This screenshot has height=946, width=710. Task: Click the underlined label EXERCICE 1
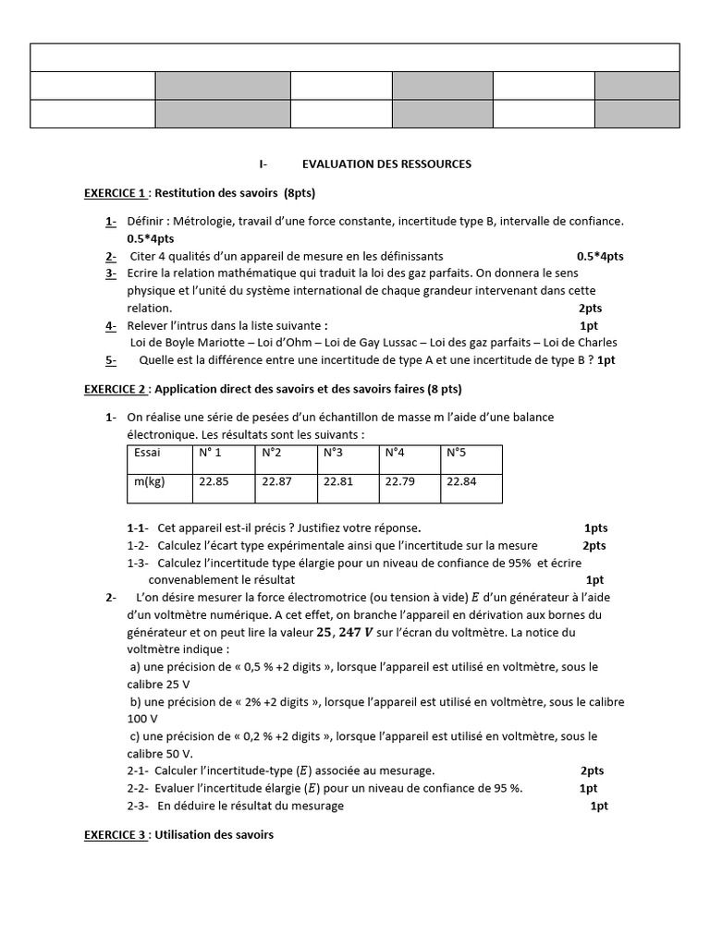pyautogui.click(x=115, y=193)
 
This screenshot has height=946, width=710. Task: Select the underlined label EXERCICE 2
pyautogui.click(x=115, y=390)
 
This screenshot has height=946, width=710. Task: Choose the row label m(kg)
pyautogui.click(x=149, y=480)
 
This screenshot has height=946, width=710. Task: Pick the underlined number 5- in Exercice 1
pyautogui.click(x=110, y=360)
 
